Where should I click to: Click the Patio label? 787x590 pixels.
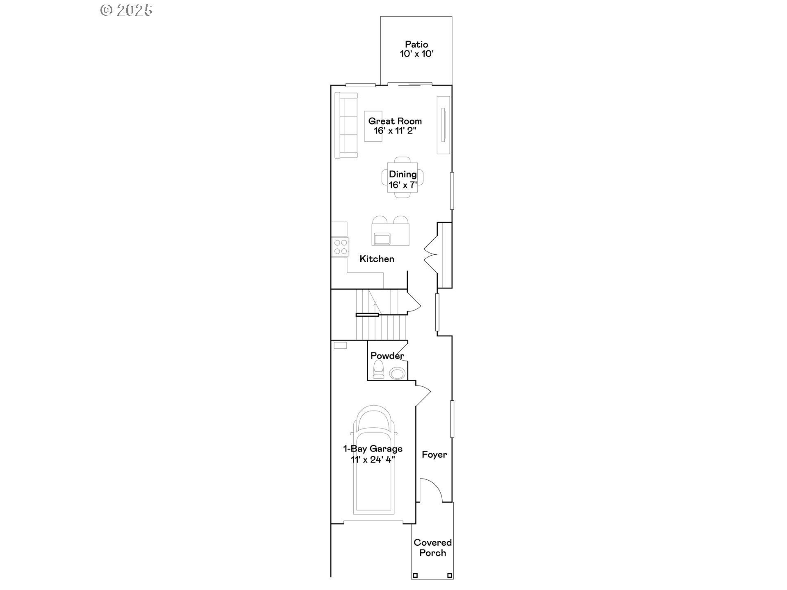point(416,44)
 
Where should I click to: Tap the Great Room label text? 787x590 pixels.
point(395,121)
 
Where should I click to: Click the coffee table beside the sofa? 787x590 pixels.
point(373,126)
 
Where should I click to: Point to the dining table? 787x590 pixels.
point(403,177)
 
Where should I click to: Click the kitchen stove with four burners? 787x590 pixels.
point(340,247)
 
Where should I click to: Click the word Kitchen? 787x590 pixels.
point(377,259)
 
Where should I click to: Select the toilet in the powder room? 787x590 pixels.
point(378,370)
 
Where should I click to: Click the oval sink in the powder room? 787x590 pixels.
point(397,373)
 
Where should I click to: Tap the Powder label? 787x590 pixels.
point(387,356)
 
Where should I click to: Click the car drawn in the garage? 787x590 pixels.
point(373,460)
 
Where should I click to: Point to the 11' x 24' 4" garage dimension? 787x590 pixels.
point(373,460)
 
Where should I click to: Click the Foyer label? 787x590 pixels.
point(434,454)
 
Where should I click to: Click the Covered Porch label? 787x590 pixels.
point(432,548)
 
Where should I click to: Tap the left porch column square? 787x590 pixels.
point(415,575)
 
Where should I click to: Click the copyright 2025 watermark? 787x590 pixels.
point(126,10)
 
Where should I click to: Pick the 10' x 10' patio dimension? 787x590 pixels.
point(416,54)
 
